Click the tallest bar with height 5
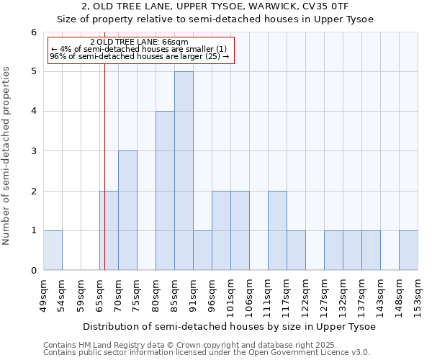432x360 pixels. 184,171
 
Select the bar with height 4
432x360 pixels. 165,191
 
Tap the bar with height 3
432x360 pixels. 127,210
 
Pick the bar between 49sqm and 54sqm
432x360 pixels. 53,250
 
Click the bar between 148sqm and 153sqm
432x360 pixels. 408,250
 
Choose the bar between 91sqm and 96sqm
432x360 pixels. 202,250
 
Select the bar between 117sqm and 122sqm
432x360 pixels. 296,250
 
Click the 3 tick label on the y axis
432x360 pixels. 33,151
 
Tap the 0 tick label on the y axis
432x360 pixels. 33,271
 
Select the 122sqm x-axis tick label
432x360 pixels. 305,295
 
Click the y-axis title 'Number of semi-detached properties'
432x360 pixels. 7,155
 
